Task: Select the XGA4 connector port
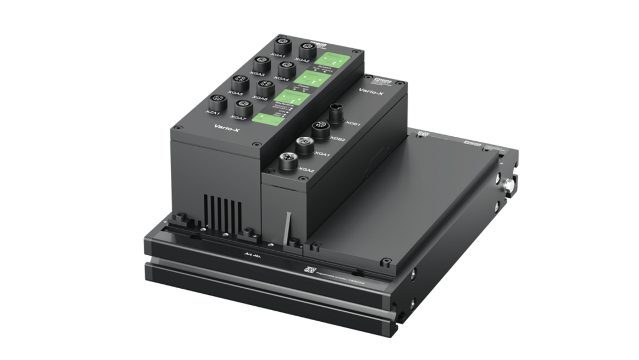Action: (x=288, y=68)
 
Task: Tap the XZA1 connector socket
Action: (x=216, y=101)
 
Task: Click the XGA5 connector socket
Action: (x=238, y=81)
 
